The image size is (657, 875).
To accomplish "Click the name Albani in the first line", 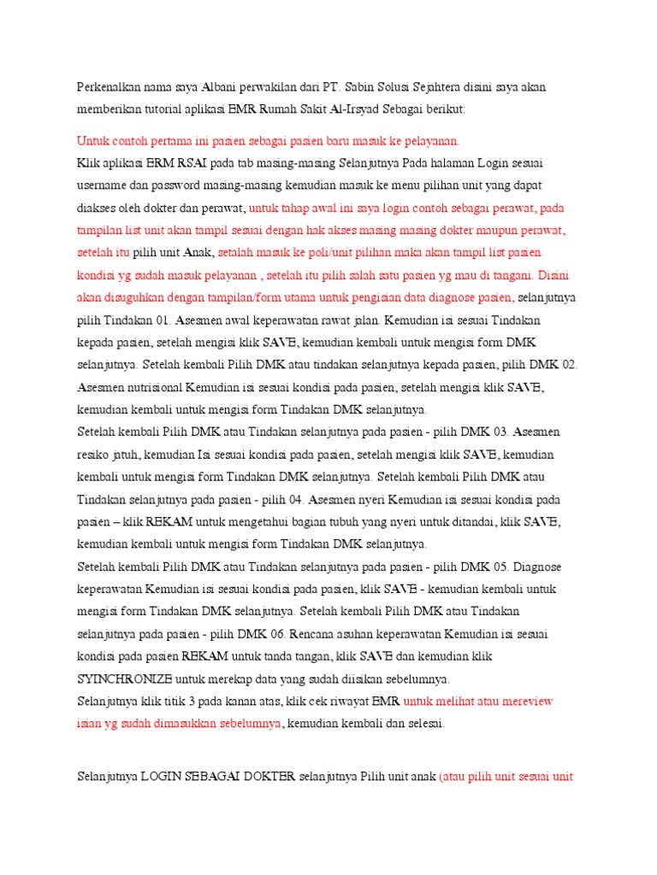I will (x=218, y=88).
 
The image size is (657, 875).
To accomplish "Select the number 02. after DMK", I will (x=563, y=364).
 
